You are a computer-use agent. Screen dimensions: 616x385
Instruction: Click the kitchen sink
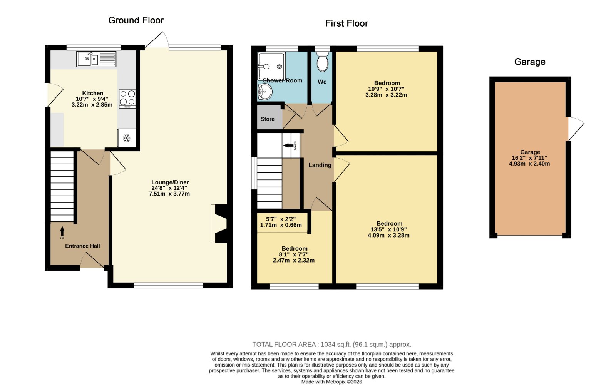pos(96,59)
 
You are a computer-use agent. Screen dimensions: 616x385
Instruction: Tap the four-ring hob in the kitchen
pos(127,99)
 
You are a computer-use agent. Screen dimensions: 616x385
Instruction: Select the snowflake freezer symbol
pos(127,138)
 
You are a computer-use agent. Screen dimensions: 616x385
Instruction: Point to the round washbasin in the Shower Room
pos(265,92)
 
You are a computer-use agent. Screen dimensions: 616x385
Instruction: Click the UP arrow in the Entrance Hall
pos(62,231)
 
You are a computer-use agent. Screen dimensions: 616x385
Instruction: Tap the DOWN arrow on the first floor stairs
pos(288,145)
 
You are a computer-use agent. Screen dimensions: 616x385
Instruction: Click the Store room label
pos(268,119)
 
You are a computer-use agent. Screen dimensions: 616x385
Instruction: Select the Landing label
pos(320,165)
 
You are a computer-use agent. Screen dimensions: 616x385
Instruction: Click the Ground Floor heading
pos(136,20)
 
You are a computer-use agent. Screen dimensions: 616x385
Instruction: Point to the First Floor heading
pos(346,23)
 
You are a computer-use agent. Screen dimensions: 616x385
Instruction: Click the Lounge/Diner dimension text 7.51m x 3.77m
pos(169,194)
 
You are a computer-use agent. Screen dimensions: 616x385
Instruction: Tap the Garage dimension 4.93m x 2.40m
pos(529,164)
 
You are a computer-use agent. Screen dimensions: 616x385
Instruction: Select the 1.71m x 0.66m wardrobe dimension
pos(281,225)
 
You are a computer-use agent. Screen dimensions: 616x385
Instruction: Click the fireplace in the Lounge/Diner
pos(219,224)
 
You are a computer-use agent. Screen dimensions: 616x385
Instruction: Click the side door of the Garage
pos(575,129)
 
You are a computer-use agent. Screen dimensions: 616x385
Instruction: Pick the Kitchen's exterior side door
pos(55,95)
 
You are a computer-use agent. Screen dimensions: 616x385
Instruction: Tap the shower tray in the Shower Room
pos(271,66)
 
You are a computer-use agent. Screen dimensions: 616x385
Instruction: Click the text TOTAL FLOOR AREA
pos(285,345)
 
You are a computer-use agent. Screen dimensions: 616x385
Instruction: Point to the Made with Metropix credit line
pos(331,382)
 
